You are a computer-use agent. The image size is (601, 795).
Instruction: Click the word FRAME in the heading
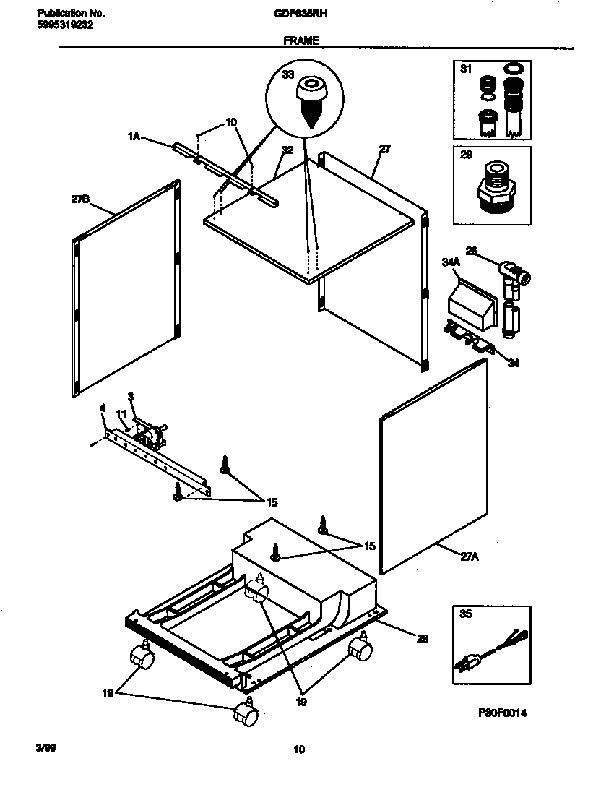coord(301,41)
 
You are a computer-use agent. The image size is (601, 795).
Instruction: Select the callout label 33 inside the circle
coord(287,74)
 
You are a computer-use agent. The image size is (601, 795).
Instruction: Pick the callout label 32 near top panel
coord(287,151)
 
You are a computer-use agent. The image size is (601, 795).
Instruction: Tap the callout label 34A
coord(452,265)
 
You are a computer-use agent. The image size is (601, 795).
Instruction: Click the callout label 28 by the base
coord(423,637)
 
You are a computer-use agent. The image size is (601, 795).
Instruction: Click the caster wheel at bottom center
coord(246,714)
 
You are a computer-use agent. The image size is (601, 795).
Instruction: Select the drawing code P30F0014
coord(503,713)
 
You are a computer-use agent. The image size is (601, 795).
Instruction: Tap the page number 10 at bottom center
coord(299,749)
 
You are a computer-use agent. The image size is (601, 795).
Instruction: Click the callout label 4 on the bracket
coord(103,409)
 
